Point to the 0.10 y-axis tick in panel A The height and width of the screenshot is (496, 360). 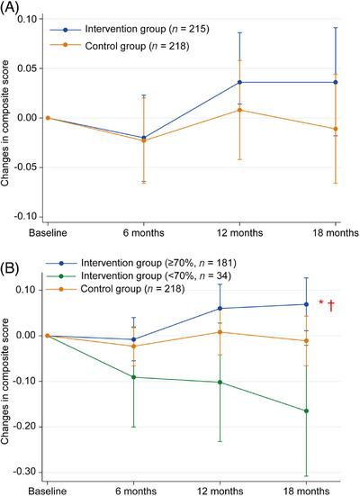[30, 19]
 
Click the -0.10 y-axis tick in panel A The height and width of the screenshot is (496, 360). [28, 217]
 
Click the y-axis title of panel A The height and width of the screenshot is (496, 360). [8, 118]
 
